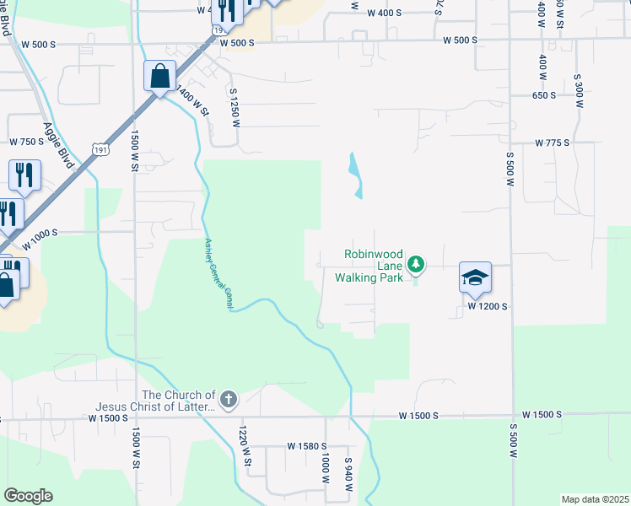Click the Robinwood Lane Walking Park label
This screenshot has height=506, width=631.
(x=372, y=265)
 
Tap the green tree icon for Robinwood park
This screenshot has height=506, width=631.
(x=415, y=265)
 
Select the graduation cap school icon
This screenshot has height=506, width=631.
(x=475, y=277)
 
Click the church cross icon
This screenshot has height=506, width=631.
(x=228, y=398)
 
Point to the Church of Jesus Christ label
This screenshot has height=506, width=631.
(x=178, y=401)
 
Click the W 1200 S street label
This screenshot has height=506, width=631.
(x=488, y=307)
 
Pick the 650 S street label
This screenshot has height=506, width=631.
(x=544, y=95)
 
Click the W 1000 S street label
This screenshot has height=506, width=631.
(x=40, y=238)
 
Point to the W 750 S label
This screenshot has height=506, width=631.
(x=25, y=142)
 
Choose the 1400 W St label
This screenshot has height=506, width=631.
(x=191, y=94)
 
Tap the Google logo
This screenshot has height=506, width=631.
(x=28, y=496)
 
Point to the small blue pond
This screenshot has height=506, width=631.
(x=354, y=175)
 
